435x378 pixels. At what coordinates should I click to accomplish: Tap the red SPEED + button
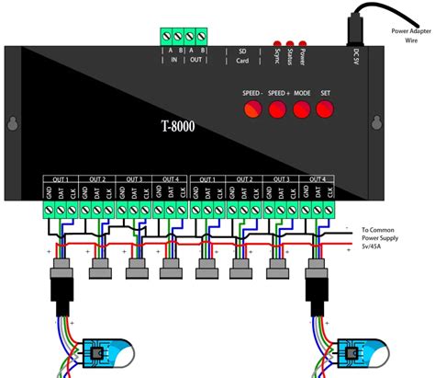276,109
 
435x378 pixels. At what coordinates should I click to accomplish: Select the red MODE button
300,109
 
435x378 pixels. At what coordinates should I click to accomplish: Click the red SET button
324,109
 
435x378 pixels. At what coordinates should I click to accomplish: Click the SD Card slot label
242,56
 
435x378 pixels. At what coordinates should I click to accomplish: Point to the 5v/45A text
375,246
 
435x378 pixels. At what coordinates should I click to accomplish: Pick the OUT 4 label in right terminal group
317,178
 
